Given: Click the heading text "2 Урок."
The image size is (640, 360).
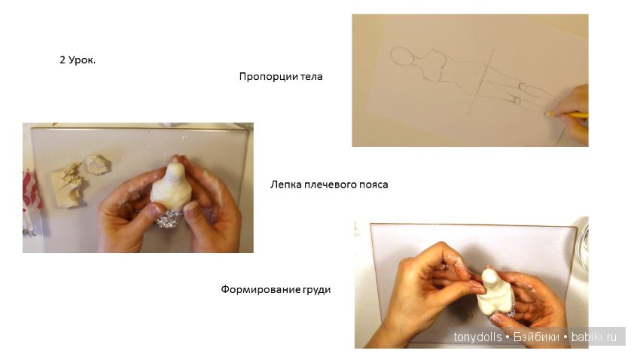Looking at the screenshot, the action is (78, 60).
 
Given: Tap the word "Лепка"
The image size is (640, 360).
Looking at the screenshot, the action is (285, 185).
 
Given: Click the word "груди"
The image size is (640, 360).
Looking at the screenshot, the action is (317, 290).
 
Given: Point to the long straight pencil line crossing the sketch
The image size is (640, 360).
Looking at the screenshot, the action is (481, 82).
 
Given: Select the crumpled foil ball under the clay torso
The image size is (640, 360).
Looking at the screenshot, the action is (169, 219).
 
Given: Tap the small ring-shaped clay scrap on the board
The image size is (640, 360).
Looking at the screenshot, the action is (98, 164).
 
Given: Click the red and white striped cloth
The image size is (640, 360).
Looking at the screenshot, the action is (31, 192).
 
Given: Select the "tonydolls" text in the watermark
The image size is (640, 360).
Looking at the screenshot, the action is (477, 337).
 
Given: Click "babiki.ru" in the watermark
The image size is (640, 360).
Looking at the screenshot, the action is (594, 337).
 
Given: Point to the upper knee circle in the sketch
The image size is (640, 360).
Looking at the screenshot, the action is (523, 87).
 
